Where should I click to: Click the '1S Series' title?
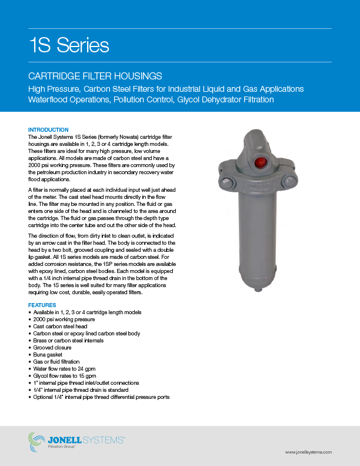click(x=69, y=45)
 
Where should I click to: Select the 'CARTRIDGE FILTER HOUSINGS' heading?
click(x=95, y=76)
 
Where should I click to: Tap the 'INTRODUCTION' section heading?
click(x=48, y=129)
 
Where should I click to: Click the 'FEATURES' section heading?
click(x=42, y=305)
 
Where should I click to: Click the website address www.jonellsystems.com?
click(x=308, y=451)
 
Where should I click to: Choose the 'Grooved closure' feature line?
click(x=52, y=348)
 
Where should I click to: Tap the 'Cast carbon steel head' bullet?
click(x=59, y=326)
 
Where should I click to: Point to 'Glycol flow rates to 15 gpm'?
click(x=64, y=376)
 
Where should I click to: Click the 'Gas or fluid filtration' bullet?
click(x=57, y=362)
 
